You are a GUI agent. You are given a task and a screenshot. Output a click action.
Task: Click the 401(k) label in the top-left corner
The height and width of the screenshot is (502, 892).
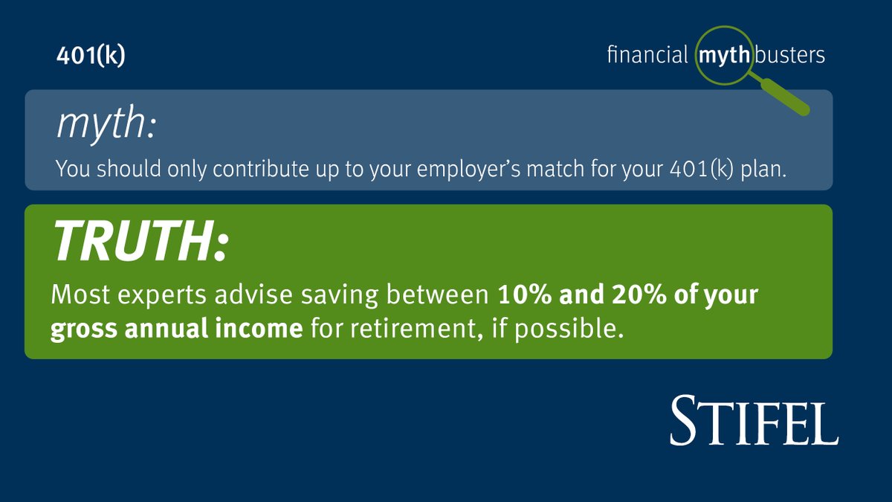pyautogui.click(x=91, y=57)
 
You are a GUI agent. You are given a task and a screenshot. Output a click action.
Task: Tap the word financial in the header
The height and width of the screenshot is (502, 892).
pyautogui.click(x=647, y=56)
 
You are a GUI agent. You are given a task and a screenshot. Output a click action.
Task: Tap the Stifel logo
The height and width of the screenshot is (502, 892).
pyautogui.click(x=754, y=420)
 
